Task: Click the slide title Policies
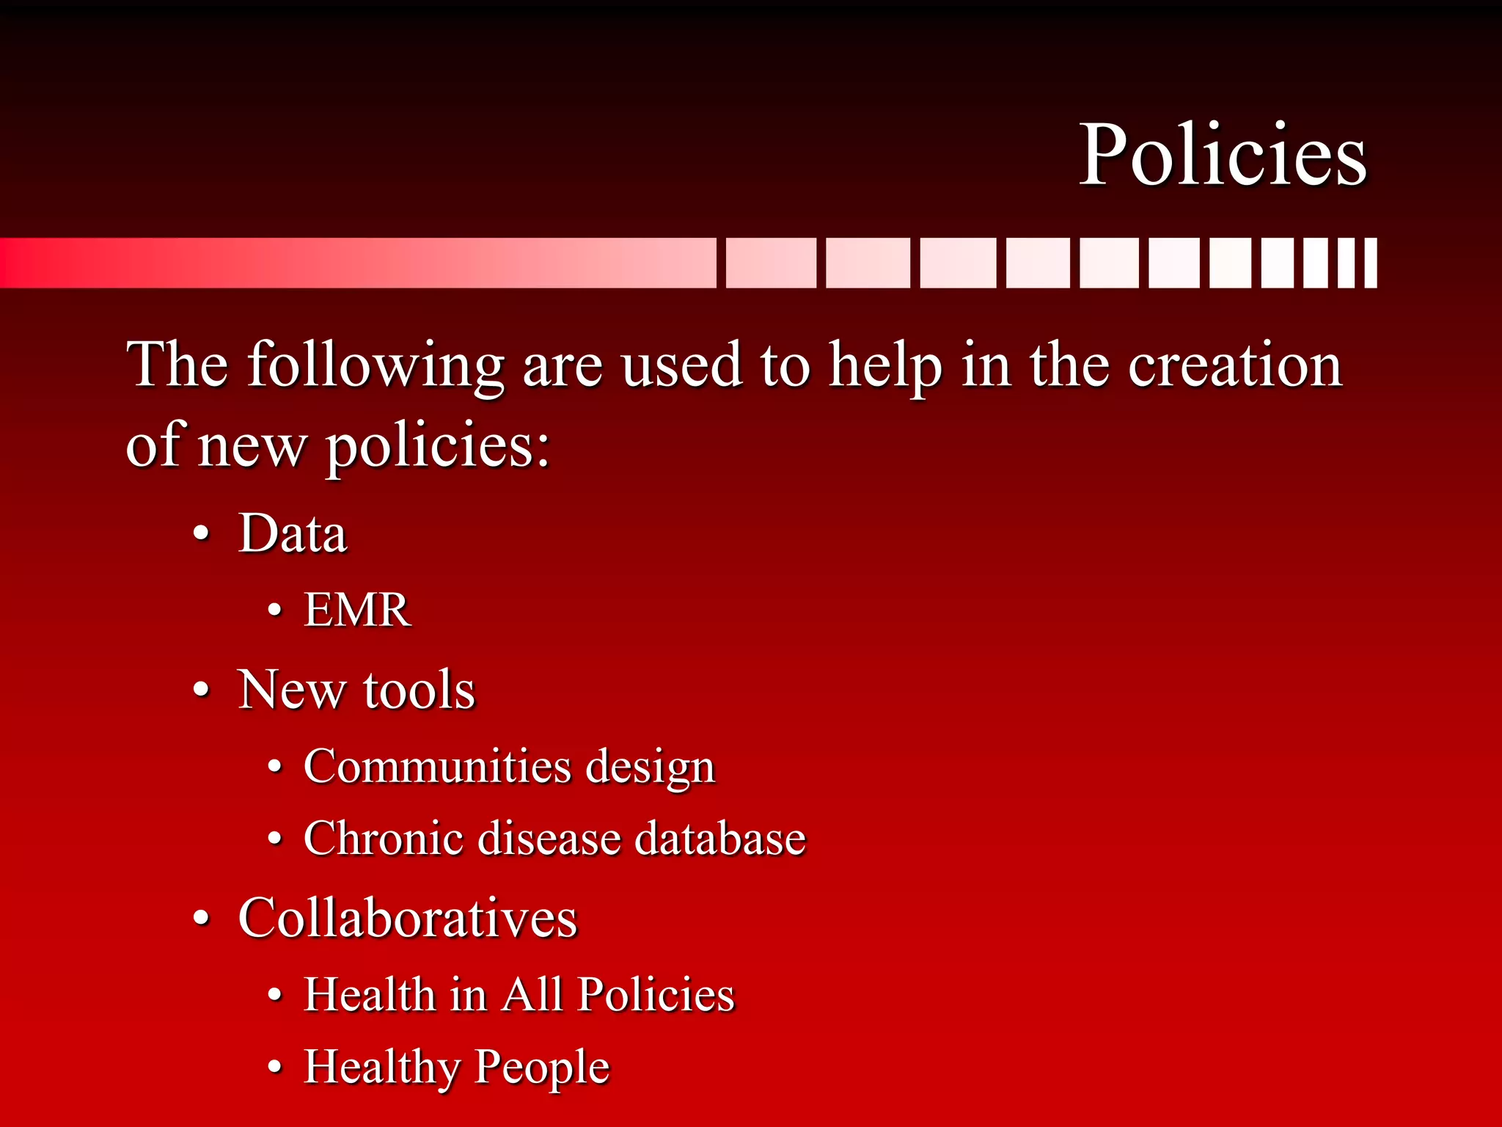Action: [x=1223, y=156]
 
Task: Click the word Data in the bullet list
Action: [x=293, y=533]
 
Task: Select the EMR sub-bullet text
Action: [x=357, y=610]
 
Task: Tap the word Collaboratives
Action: [x=408, y=918]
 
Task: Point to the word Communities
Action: [x=437, y=767]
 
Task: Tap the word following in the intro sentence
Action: [x=375, y=365]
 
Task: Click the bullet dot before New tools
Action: [x=202, y=691]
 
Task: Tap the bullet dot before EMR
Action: [x=274, y=610]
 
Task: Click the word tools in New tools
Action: [x=419, y=690]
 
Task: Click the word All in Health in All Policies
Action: [x=532, y=995]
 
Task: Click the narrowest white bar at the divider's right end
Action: [x=1370, y=263]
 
